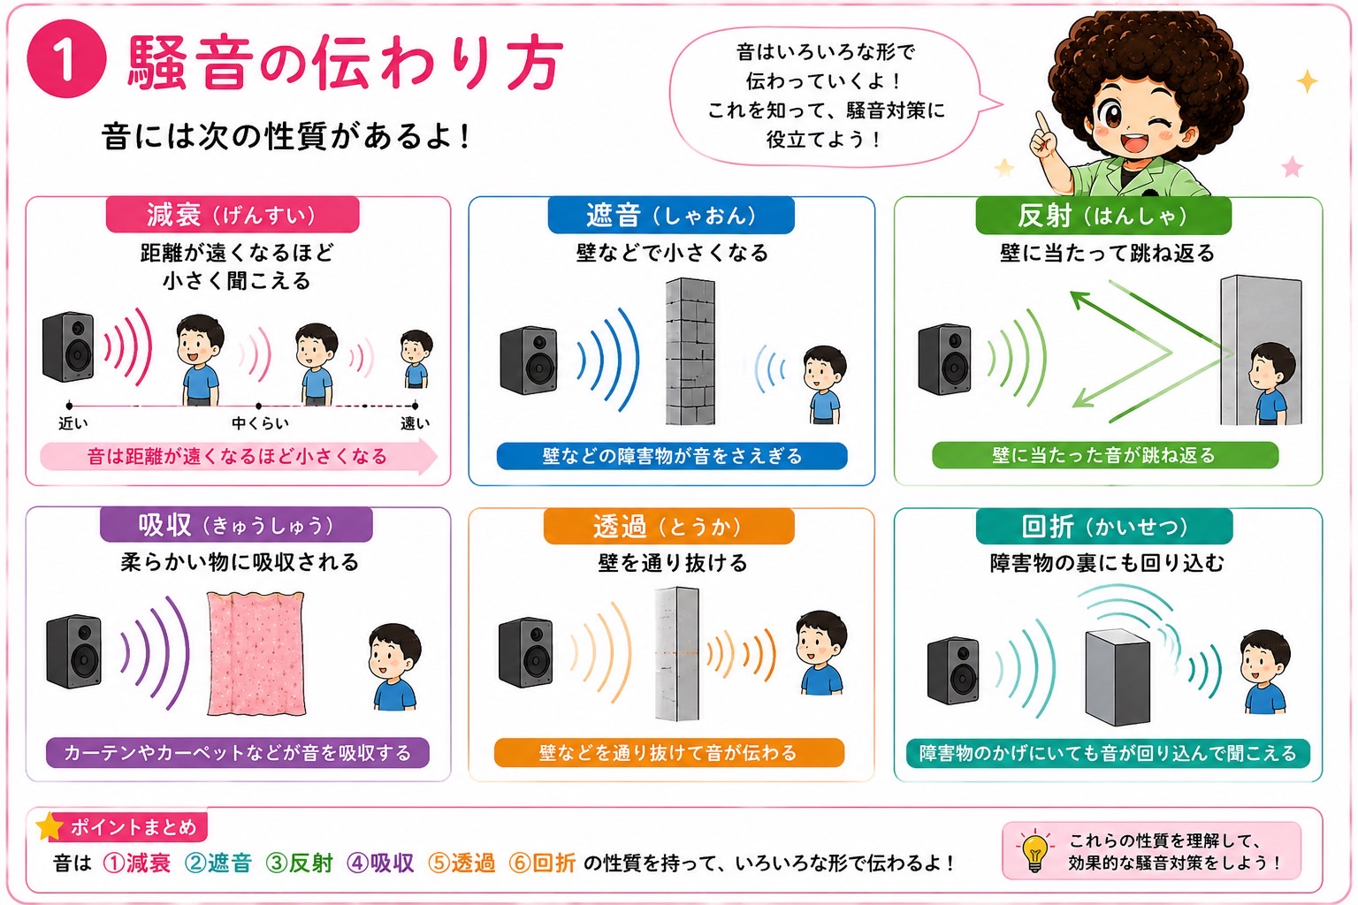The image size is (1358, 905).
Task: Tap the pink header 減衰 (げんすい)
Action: coord(233,215)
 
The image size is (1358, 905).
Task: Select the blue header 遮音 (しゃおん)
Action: coord(670,215)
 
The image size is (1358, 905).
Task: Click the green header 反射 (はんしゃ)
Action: coord(1102,216)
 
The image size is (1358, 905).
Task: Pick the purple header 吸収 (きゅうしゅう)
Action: coord(236,524)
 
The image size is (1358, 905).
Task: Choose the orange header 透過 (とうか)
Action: coord(668,526)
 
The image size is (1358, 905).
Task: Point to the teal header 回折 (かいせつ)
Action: coord(1104,526)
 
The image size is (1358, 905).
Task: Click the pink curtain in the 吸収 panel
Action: coord(256,653)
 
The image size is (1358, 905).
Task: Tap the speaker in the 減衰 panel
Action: coord(68,346)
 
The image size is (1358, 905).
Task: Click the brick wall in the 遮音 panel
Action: coord(690,352)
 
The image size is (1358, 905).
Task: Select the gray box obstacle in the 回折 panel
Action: coord(1117,677)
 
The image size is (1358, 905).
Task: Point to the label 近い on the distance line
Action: coord(72,423)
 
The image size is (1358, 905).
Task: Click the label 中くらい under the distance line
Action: coord(260,423)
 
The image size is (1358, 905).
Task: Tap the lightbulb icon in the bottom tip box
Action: coord(1035,850)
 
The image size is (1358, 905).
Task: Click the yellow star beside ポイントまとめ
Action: coord(50,826)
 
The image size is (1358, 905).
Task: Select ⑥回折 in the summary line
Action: coord(542,863)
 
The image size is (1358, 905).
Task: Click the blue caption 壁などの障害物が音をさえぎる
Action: coord(672,456)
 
